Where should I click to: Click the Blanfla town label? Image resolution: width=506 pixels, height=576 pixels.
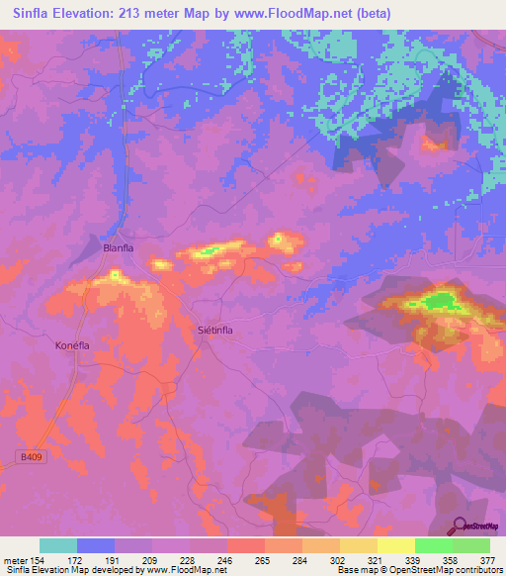[118, 248]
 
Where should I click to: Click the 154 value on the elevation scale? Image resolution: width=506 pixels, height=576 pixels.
[36, 560]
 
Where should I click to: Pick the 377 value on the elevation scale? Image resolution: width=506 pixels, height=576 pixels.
[488, 560]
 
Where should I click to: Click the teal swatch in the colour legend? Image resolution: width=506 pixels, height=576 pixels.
[58, 545]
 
